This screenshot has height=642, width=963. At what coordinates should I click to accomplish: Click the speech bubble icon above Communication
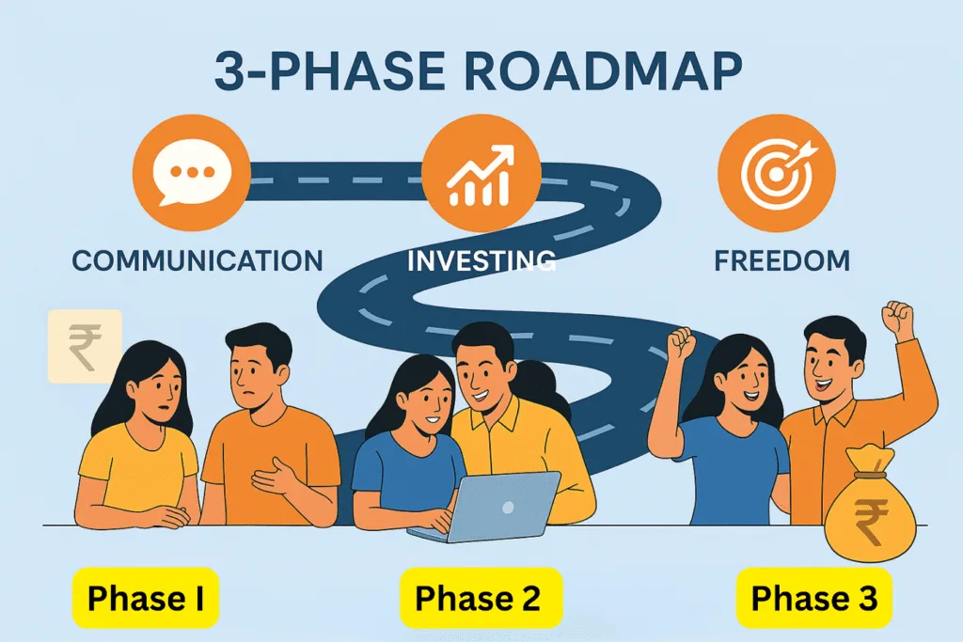[x=191, y=172]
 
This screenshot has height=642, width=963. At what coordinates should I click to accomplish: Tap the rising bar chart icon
[x=481, y=174]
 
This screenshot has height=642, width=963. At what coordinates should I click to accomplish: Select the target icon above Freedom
[x=776, y=173]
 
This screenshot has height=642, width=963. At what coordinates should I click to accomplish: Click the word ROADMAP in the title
[x=604, y=71]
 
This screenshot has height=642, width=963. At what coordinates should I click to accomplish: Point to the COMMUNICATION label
[x=197, y=261]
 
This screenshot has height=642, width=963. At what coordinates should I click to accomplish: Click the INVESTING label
[x=481, y=261]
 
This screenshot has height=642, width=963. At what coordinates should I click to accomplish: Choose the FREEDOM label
[x=781, y=261]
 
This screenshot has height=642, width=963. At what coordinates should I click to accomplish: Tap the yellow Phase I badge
[x=146, y=598]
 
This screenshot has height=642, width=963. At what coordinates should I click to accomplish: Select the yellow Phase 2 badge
[x=481, y=598]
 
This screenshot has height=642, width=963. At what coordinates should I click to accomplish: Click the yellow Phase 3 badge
[x=814, y=598]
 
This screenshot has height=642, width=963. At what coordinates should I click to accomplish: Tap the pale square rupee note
[x=85, y=347]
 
